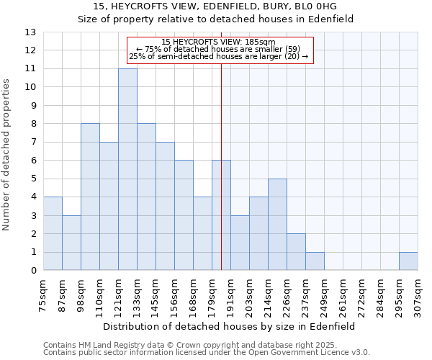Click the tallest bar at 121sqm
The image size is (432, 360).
click(x=127, y=169)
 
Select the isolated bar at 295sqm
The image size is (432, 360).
click(x=408, y=261)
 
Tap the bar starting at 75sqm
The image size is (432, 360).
click(x=53, y=233)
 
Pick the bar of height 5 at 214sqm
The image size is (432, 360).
click(x=277, y=225)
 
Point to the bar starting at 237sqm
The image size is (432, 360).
click(x=315, y=261)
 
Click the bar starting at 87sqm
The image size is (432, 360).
click(x=71, y=243)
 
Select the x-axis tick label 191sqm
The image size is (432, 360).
click(x=230, y=293)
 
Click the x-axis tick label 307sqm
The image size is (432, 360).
click(x=418, y=293)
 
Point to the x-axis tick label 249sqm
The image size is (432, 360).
click(x=324, y=293)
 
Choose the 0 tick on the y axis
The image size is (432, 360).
click(x=33, y=271)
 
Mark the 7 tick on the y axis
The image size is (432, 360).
click(x=33, y=143)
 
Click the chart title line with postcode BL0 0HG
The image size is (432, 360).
click(x=215, y=6)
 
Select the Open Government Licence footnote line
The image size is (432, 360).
click(x=207, y=353)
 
